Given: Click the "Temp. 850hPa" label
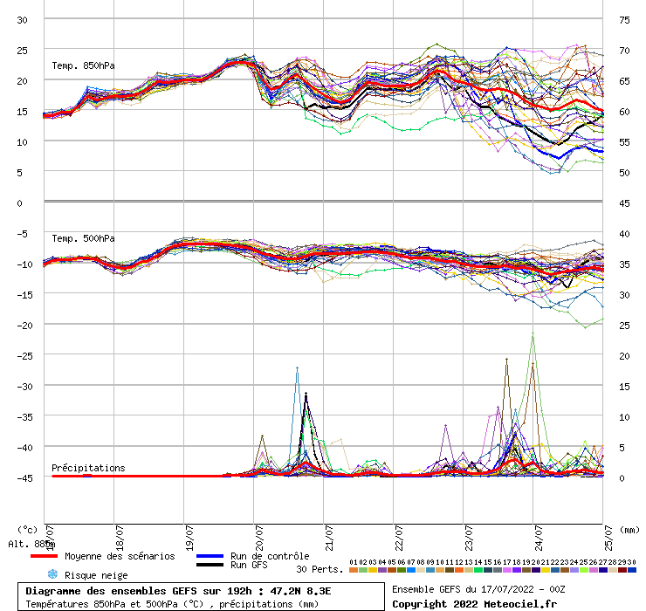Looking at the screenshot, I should [x=83, y=65].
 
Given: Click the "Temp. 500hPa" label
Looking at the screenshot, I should [x=83, y=238].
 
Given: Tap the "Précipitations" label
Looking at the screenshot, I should [x=88, y=468].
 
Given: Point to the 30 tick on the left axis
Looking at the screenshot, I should [x=23, y=19].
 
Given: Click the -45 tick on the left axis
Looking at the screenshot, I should [x=23, y=477].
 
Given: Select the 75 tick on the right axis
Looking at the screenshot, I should [x=624, y=19].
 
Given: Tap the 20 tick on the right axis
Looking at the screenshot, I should [x=624, y=355].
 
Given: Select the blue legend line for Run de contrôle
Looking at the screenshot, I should [x=210, y=556].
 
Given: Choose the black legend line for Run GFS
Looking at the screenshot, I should [x=210, y=566].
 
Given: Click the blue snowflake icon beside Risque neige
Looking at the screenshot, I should [x=52, y=574].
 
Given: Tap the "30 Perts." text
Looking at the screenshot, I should [x=320, y=569].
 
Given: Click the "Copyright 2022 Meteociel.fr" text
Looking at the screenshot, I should [x=474, y=604].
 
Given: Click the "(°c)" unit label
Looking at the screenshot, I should [x=27, y=529].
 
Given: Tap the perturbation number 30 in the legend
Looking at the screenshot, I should [x=631, y=562].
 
